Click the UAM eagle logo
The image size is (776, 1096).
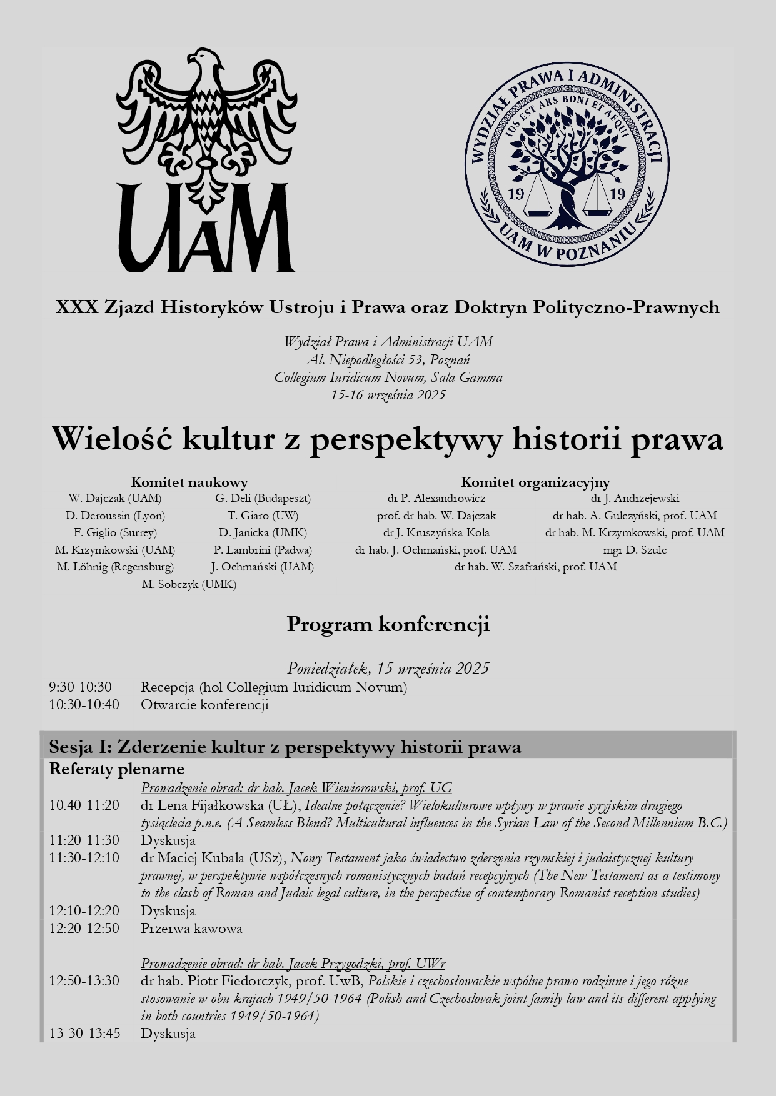(206, 159)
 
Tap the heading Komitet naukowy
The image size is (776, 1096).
(189, 482)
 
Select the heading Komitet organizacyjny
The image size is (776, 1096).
(535, 482)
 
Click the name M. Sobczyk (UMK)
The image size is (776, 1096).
(189, 584)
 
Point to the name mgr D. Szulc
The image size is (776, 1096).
(635, 550)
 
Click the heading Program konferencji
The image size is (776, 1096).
(388, 624)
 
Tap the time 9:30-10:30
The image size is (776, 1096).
(81, 687)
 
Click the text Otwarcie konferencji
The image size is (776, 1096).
(204, 705)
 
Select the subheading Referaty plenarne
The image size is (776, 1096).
(117, 769)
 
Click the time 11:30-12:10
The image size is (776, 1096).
(84, 858)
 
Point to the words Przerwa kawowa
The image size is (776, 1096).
(191, 928)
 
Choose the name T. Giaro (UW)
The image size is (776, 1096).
(263, 516)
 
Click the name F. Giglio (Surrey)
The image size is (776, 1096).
(115, 532)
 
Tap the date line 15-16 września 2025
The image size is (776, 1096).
(388, 395)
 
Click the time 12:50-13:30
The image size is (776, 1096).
(84, 981)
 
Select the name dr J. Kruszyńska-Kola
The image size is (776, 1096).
(436, 532)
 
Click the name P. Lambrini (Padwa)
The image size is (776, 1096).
(263, 550)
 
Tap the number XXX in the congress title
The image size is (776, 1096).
(76, 307)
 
